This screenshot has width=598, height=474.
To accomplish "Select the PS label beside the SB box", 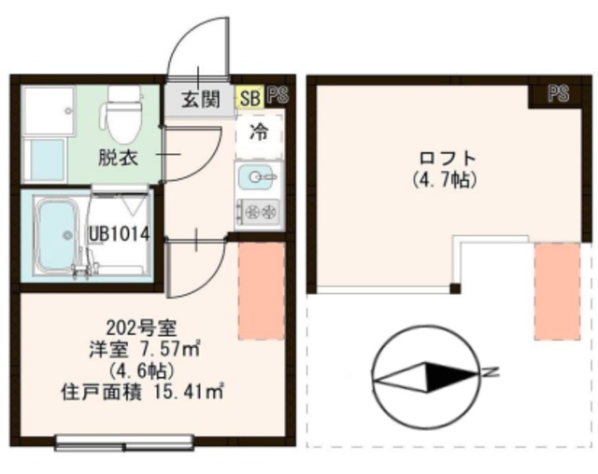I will pyautogui.click(x=277, y=95).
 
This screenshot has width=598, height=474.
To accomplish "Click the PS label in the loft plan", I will pyautogui.click(x=558, y=93).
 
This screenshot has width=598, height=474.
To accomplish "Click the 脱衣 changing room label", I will pyautogui.click(x=119, y=157).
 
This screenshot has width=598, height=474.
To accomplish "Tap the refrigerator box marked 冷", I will pyautogui.click(x=258, y=132).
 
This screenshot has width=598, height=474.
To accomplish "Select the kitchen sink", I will pyautogui.click(x=258, y=175).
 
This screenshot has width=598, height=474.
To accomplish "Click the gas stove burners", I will pyautogui.click(x=258, y=213).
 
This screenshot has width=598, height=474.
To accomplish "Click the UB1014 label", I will pyautogui.click(x=120, y=233).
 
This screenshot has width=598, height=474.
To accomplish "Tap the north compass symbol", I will pyautogui.click(x=426, y=375).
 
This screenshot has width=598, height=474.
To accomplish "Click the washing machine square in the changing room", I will pyautogui.click(x=45, y=113).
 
